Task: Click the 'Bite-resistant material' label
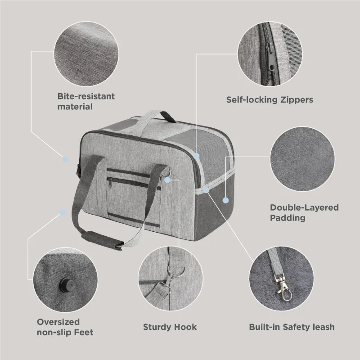[86, 101]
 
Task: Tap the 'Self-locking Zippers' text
[270, 100]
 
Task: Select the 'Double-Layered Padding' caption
[304, 212]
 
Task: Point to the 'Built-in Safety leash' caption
[292, 327]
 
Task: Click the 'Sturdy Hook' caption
[170, 327]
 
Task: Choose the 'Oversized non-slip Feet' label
[65, 327]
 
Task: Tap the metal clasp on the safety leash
[283, 288]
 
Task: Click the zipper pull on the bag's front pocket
[110, 183]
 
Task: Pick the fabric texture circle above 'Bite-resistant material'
[86, 54]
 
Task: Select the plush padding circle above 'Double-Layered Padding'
[302, 159]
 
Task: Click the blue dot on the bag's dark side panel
[226, 200]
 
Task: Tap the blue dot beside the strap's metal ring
[167, 180]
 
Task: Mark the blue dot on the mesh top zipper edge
[196, 156]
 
